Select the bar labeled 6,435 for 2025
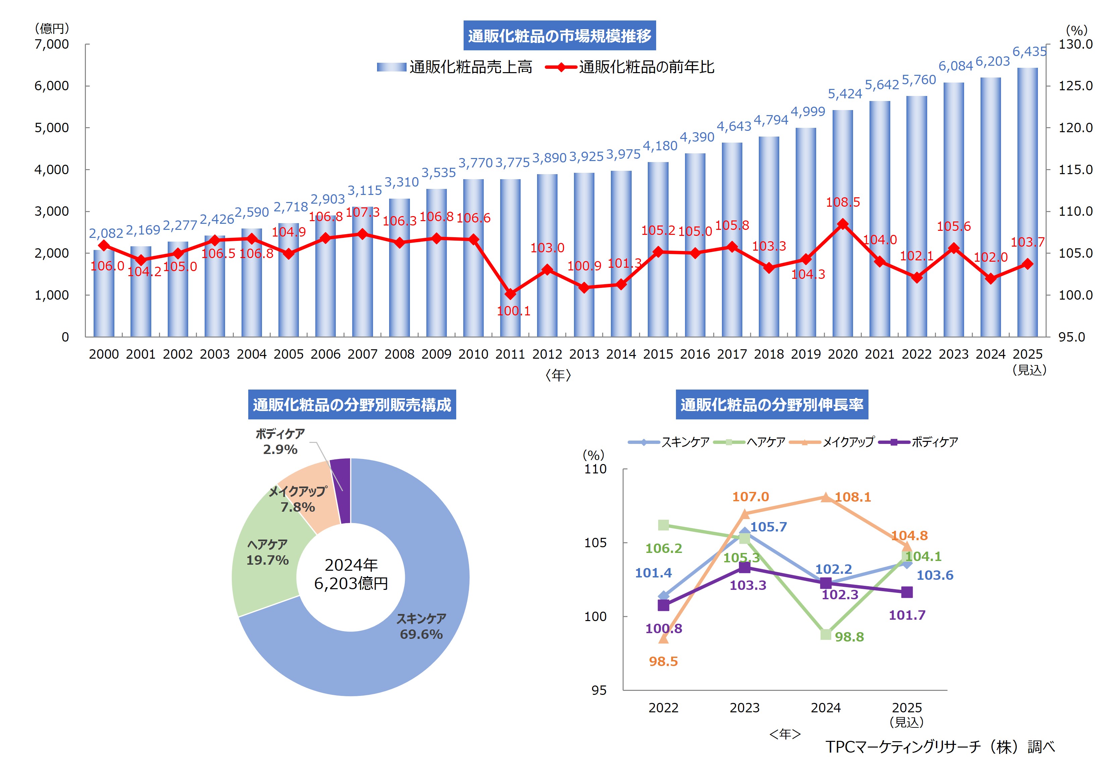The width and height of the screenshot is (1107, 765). (1027, 201)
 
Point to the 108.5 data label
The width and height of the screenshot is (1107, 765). (843, 202)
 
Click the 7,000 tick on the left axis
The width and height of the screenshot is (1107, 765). (52, 44)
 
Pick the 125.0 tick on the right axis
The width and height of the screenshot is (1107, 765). (1075, 86)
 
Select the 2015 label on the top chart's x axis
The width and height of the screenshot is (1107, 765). (658, 354)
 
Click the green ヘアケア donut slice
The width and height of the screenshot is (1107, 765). (268, 561)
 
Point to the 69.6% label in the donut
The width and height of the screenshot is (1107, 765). (421, 634)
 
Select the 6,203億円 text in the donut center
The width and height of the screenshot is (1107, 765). (351, 583)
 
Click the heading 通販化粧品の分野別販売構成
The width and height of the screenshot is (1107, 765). (352, 405)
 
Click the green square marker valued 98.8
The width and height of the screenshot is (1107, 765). (826, 634)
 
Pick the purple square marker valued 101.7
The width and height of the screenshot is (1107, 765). (907, 593)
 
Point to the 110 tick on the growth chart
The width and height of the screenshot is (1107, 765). (595, 469)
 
